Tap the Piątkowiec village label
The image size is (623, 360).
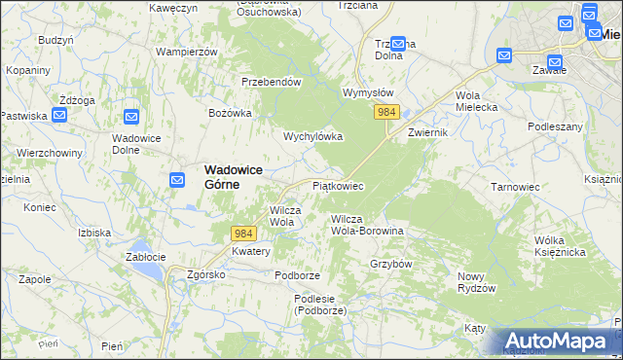click(x=338, y=185)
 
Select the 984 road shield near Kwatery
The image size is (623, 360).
click(x=243, y=234)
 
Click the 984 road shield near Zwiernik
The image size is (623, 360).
click(x=386, y=113)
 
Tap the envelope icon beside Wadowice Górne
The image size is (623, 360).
click(x=176, y=180)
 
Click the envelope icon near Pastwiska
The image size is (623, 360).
click(x=59, y=116)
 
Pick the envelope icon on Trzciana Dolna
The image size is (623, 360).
click(x=397, y=44)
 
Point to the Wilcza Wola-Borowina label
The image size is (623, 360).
click(x=367, y=226)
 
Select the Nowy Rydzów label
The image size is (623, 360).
click(x=477, y=282)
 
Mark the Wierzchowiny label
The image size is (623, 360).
click(x=48, y=153)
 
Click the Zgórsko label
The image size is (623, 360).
click(x=206, y=274)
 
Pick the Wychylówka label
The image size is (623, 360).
click(x=313, y=136)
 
